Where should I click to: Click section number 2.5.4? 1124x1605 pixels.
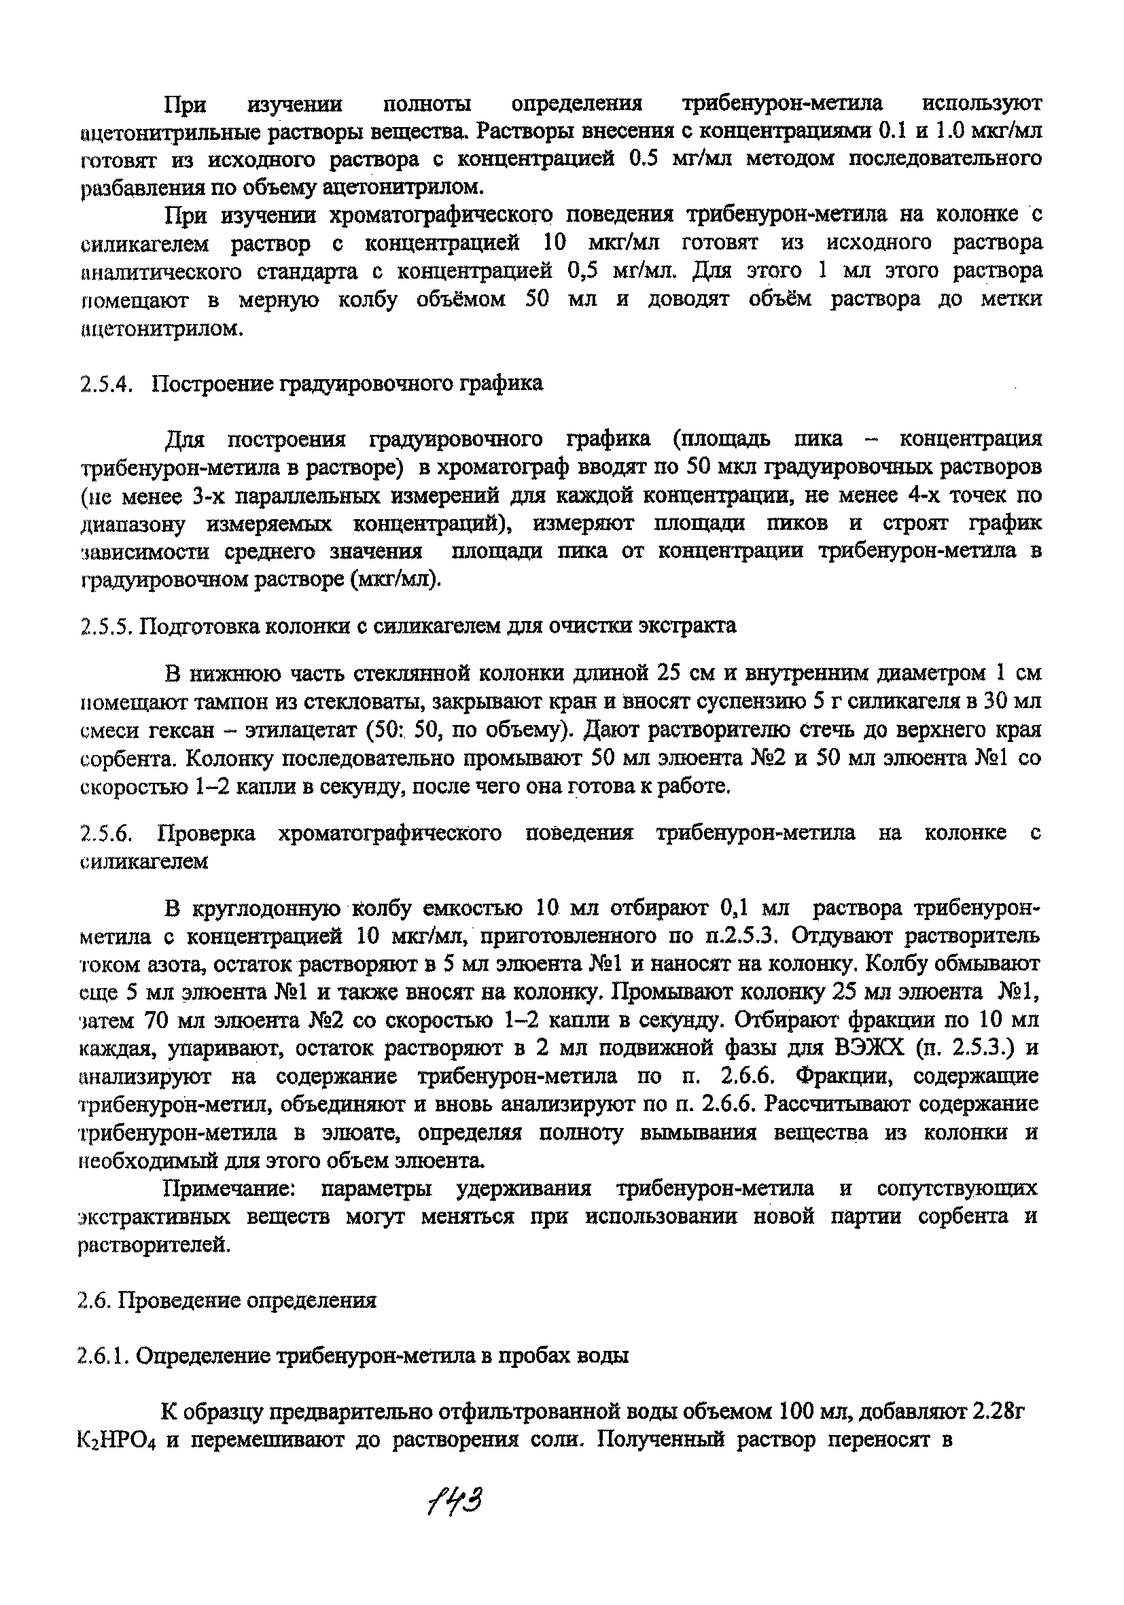pos(106,384)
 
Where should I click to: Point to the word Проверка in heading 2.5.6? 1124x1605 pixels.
pos(207,832)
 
